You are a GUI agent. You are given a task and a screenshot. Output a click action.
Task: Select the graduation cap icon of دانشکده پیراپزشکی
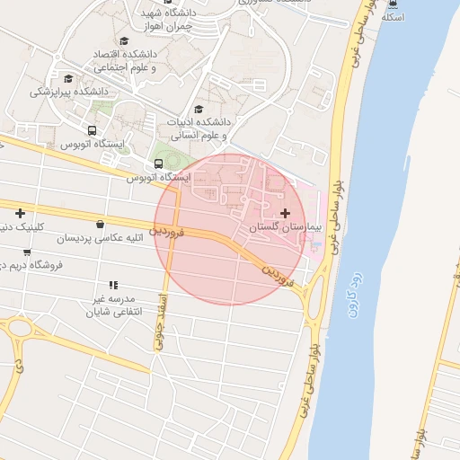point(68,77)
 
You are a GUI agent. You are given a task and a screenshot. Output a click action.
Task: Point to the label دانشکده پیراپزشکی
point(69,92)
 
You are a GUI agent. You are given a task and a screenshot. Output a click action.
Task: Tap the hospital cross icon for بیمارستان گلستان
point(286,213)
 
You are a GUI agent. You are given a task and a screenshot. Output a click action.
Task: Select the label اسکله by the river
point(394,17)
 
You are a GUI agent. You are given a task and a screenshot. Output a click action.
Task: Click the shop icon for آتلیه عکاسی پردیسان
point(99,225)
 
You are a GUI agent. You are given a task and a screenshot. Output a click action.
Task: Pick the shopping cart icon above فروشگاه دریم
point(27,252)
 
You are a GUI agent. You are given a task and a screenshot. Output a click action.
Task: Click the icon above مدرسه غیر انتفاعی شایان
point(113,285)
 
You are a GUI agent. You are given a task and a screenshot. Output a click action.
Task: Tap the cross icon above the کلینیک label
point(20,213)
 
